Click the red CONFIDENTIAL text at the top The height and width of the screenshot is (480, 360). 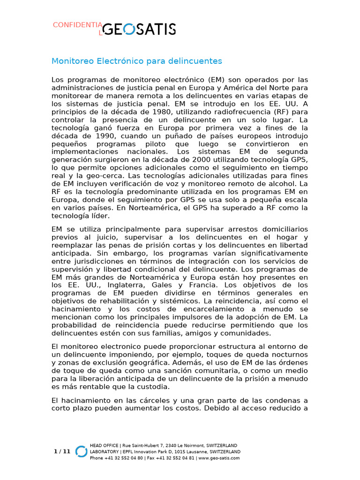point(77,25)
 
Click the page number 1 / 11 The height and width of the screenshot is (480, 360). point(62,451)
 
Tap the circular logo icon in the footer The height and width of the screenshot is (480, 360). point(82,451)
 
